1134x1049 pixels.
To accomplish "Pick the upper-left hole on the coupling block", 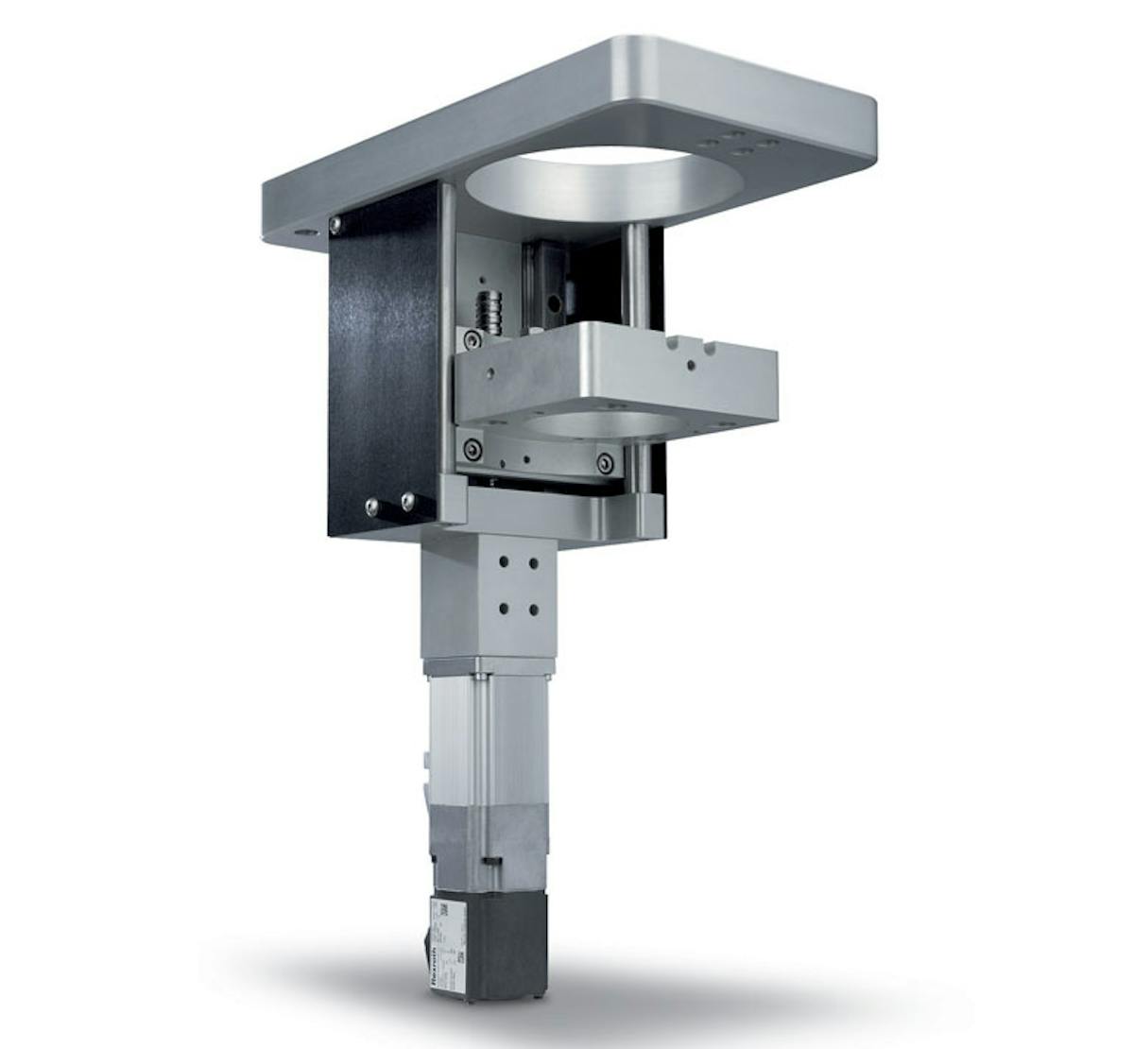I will click(x=503, y=561).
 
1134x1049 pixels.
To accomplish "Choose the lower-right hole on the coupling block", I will click(x=534, y=610).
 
